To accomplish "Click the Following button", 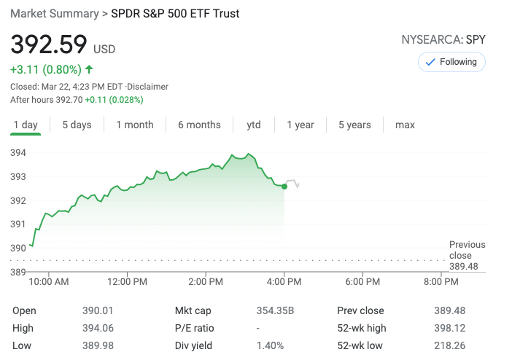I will point(451,62).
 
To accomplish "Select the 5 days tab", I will point(77,125).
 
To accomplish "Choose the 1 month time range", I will point(135,125).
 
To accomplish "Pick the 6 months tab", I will point(199,125).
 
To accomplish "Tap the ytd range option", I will point(254,125).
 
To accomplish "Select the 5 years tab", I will point(354,125).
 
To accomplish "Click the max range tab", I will point(405,125).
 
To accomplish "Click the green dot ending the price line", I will point(284,187).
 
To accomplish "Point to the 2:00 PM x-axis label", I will point(206,281).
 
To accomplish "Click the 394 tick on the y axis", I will point(18,152).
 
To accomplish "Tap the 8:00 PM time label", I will point(441,281).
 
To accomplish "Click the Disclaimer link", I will point(149,86).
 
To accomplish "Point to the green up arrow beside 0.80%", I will point(89,70).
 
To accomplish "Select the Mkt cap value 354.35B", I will point(275,310).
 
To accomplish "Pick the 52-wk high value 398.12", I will point(450,328).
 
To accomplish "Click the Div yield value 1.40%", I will point(270,345).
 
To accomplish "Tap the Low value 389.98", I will point(98,345).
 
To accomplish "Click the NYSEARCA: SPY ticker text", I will point(443,39).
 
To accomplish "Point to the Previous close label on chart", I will point(467,250).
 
